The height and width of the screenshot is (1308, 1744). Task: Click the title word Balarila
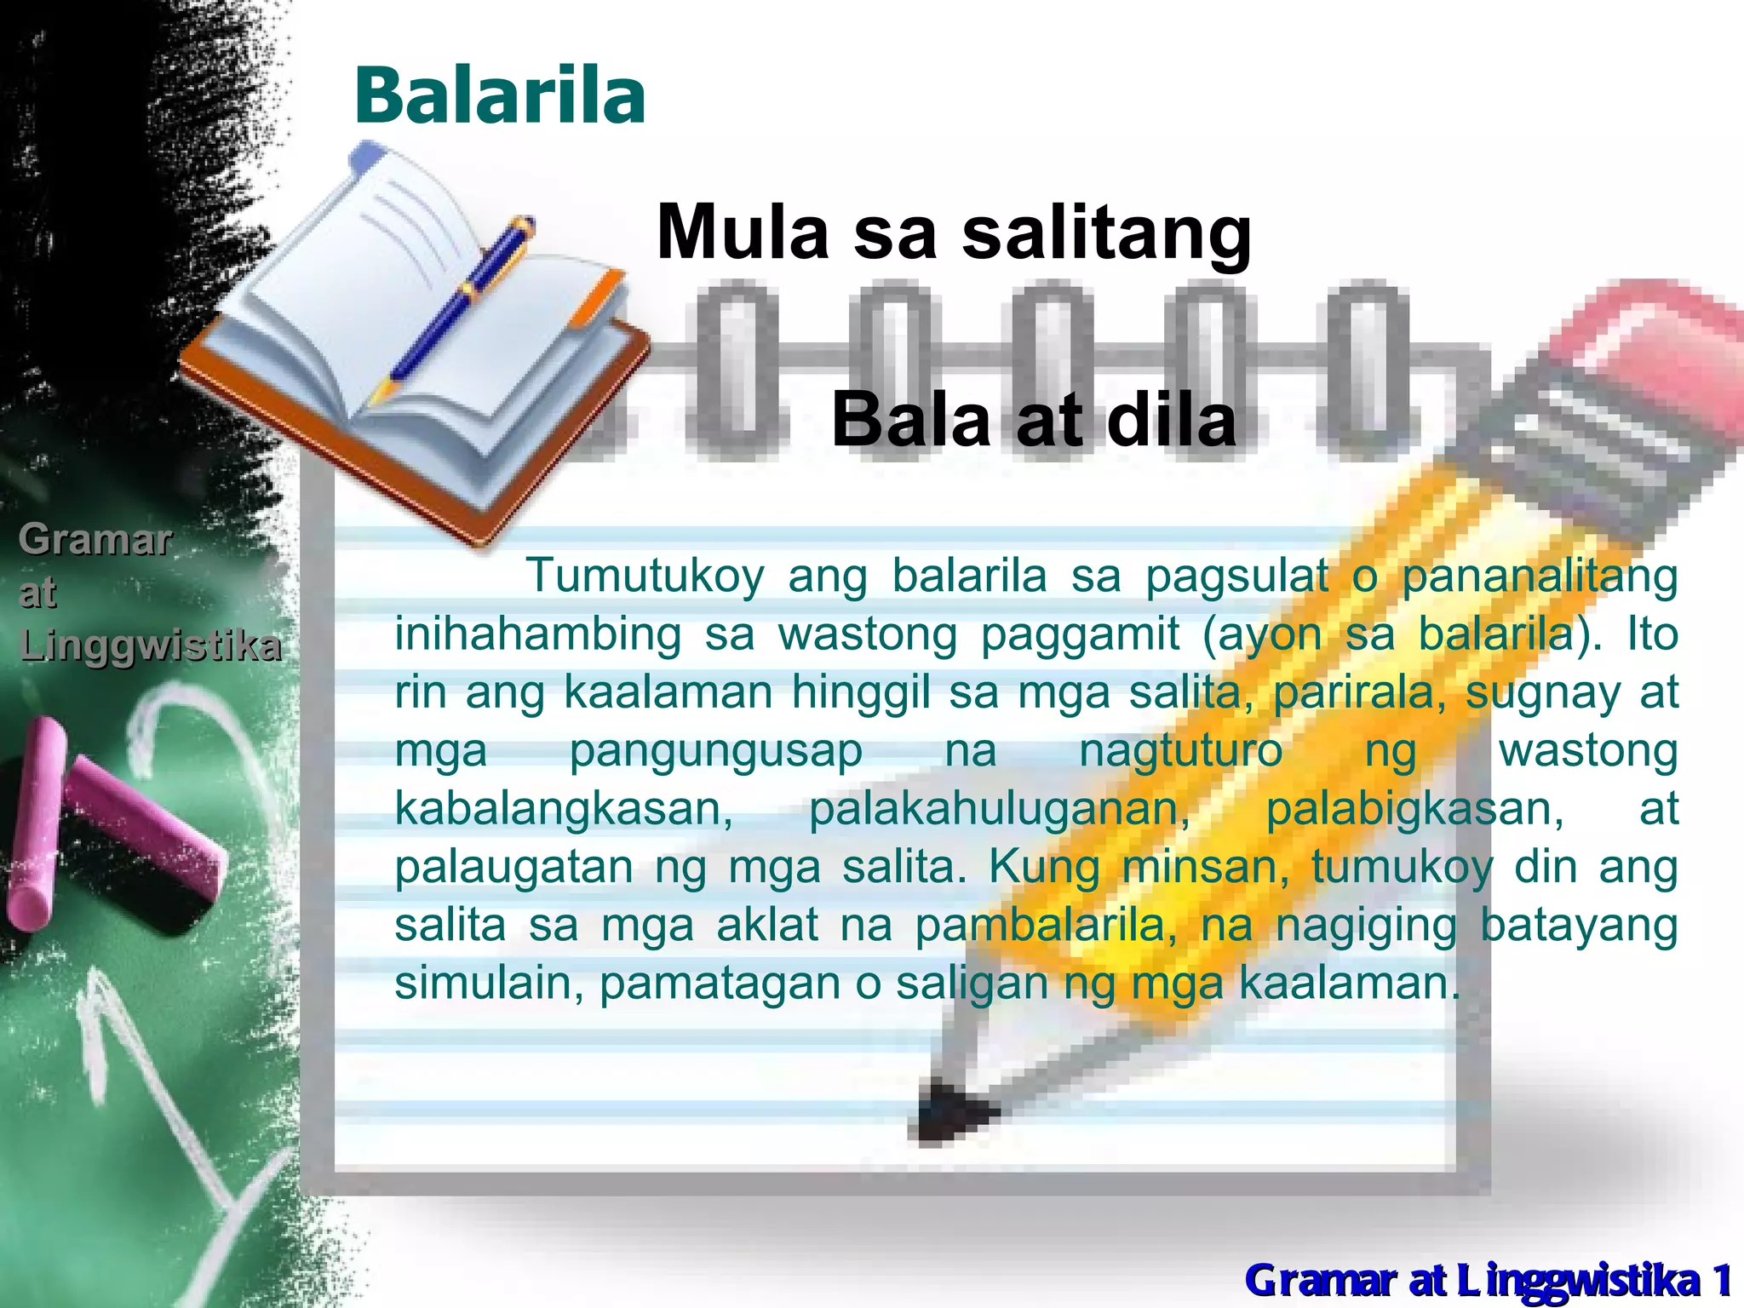coord(500,95)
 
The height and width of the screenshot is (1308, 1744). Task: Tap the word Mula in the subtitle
coord(743,232)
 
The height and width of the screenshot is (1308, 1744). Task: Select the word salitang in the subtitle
coord(1106,234)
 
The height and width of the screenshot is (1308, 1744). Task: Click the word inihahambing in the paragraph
coord(537,634)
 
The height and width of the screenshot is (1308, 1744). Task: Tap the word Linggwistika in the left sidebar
coord(150,645)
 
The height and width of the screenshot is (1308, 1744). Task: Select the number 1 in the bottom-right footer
coord(1722,1280)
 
